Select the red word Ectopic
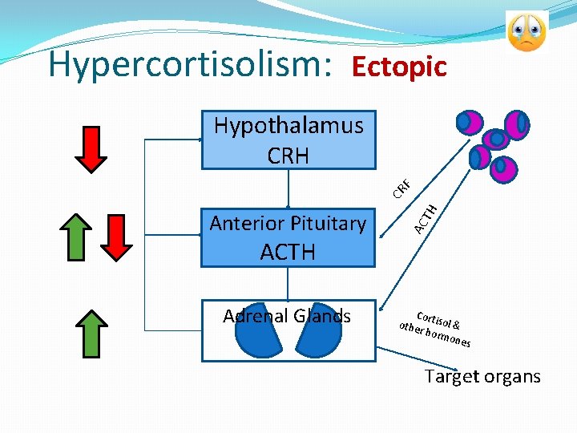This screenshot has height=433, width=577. coord(399,67)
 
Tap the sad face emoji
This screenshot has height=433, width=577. coord(527,31)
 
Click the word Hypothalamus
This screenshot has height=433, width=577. coord(288,126)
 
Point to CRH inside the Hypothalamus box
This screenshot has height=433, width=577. coord(288,154)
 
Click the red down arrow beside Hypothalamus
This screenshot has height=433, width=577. coord(95,148)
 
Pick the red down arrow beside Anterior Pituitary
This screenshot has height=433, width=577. coord(119,237)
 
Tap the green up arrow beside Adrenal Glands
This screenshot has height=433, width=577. coord(95,331)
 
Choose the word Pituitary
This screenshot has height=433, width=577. coord(329,224)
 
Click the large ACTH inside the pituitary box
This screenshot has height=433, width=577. coord(288,253)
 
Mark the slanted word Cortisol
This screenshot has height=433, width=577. coord(433,320)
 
